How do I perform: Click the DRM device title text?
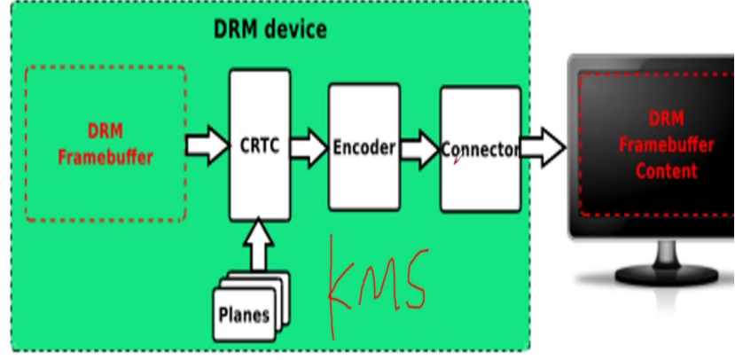point(270,28)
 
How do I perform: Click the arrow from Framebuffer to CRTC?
point(207,145)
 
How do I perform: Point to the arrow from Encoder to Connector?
point(418,147)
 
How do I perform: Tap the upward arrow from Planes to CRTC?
point(260,246)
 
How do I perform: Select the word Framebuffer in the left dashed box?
point(106,158)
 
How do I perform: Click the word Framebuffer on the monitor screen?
point(665,145)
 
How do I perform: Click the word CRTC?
point(260,145)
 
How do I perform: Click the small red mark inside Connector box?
point(456,161)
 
